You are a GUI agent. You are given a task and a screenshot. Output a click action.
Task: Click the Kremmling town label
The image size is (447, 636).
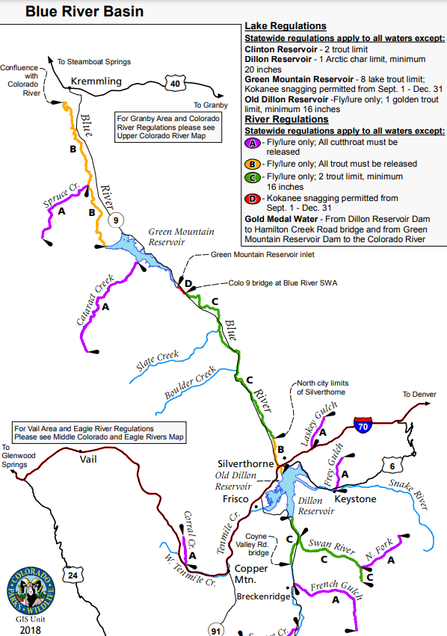[96, 81]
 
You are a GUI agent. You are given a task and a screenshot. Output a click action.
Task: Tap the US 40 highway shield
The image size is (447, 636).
[175, 84]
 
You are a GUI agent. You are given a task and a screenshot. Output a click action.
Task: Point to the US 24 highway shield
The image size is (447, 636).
[73, 574]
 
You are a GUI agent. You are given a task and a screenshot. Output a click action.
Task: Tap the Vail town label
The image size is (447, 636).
[88, 459]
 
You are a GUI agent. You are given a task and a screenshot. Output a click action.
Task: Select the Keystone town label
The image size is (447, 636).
[355, 498]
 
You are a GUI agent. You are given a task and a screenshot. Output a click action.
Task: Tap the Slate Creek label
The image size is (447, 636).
[158, 360]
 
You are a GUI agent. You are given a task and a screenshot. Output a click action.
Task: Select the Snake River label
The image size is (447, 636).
[410, 493]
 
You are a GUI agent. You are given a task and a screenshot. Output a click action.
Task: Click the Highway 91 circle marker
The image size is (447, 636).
[216, 628]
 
